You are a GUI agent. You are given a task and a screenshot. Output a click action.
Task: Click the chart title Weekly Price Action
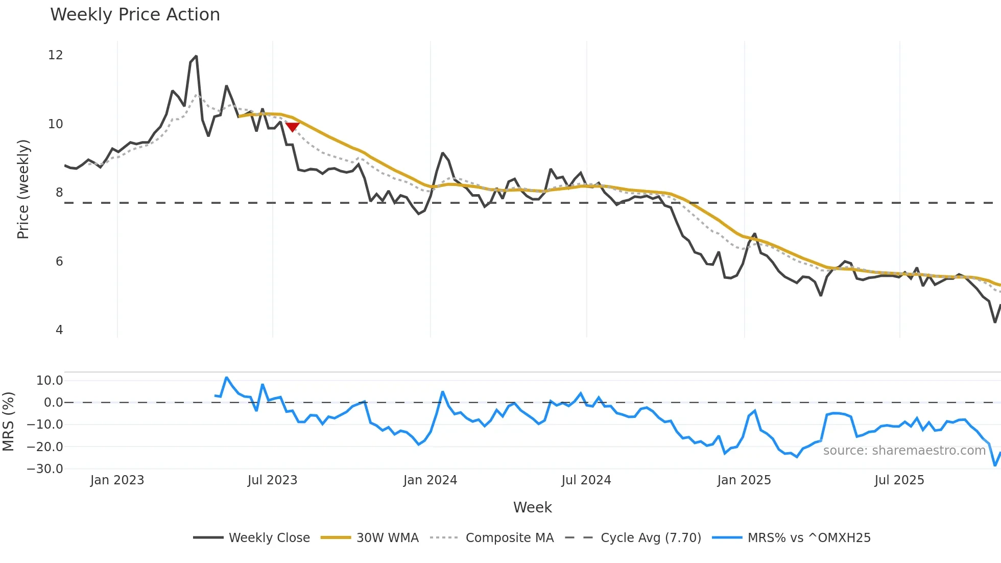[x=135, y=15]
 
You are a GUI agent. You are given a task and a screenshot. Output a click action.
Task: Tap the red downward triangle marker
[x=292, y=127]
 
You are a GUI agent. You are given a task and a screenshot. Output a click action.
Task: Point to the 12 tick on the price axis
[x=55, y=55]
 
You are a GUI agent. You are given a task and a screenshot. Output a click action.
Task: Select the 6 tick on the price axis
[x=59, y=262]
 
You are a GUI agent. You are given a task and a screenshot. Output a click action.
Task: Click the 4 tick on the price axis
[x=59, y=330]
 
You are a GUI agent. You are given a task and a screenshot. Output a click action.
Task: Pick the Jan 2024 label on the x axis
[x=430, y=480]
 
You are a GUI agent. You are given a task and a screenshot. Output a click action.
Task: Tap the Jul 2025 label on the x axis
[x=899, y=480]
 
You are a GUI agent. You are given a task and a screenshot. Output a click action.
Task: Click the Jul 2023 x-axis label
[x=272, y=480]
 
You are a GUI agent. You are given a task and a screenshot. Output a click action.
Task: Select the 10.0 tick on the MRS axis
[x=50, y=381]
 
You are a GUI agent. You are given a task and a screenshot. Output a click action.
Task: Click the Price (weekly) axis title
[x=23, y=189]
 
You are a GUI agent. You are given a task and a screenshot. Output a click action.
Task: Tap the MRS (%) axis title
[x=8, y=421]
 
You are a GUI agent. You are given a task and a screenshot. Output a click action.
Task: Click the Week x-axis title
[x=532, y=507]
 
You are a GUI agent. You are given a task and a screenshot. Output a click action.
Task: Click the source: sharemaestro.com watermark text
[x=904, y=451]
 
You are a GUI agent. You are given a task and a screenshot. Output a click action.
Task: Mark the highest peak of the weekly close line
[x=196, y=57]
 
